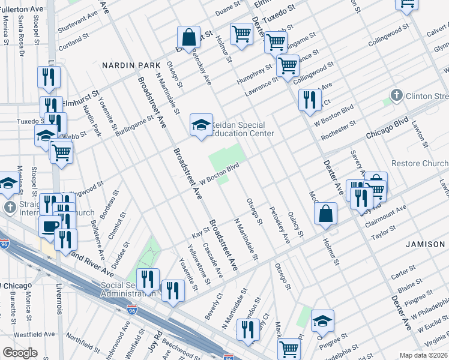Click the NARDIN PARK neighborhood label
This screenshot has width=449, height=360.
point(131,65)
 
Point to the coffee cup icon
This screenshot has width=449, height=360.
point(50,226)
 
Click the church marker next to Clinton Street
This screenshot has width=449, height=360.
point(396,96)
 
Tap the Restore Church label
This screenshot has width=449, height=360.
point(420,164)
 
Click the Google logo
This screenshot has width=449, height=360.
point(20,353)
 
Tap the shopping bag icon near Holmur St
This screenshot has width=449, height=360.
point(325,214)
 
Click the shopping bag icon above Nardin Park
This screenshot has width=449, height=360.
point(188,37)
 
